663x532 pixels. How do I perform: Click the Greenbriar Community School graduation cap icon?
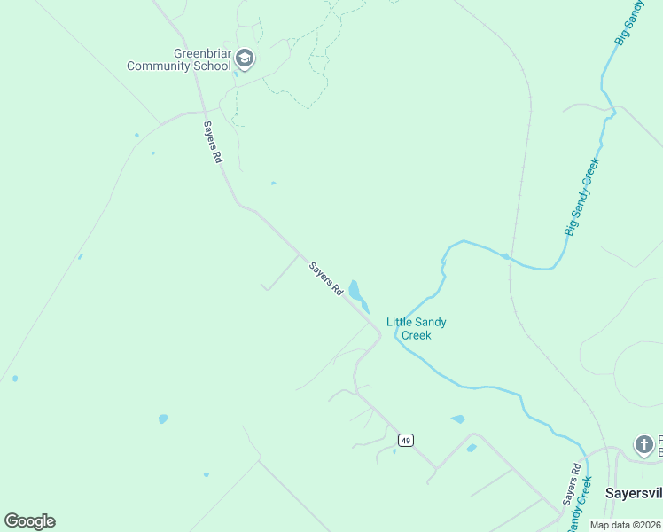point(246,59)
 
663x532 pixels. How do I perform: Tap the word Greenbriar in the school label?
point(203,54)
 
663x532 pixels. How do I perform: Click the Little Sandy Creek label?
point(416,328)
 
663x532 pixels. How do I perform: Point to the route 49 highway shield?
point(405,440)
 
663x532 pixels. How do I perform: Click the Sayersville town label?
point(633,491)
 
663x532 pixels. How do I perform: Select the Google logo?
point(29,521)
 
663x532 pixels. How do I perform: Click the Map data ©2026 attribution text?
point(624,525)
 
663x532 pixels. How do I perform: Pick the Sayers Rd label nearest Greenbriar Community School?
point(212,142)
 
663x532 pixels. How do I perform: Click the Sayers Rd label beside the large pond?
point(325,278)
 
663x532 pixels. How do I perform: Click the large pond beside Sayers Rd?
point(355,291)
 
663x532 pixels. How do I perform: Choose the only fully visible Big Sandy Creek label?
point(582,197)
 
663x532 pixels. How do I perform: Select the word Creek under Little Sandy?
point(416,335)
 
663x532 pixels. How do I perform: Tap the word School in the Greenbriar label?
point(213,66)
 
